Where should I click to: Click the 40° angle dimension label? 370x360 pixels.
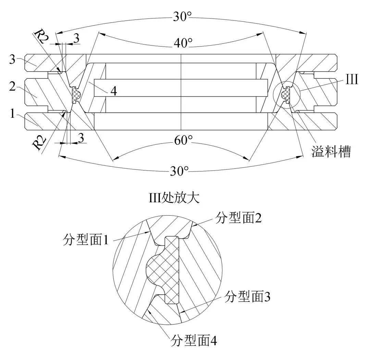[x=183, y=43]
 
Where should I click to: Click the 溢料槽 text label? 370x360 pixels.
[x=331, y=151]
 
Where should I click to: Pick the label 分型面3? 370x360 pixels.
[x=247, y=297]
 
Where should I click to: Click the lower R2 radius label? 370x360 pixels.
[x=40, y=143]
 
